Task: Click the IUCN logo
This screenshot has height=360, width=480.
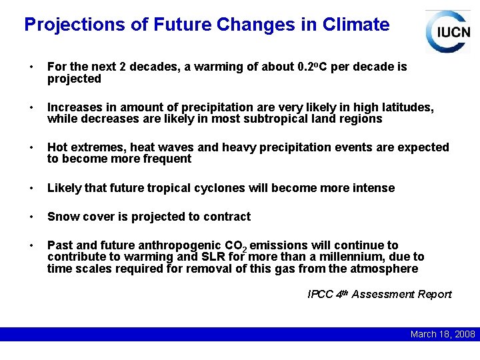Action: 447,31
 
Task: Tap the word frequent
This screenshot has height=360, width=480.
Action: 169,159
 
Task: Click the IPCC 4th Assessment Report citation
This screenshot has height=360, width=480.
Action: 379,295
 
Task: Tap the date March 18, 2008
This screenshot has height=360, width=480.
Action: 442,334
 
